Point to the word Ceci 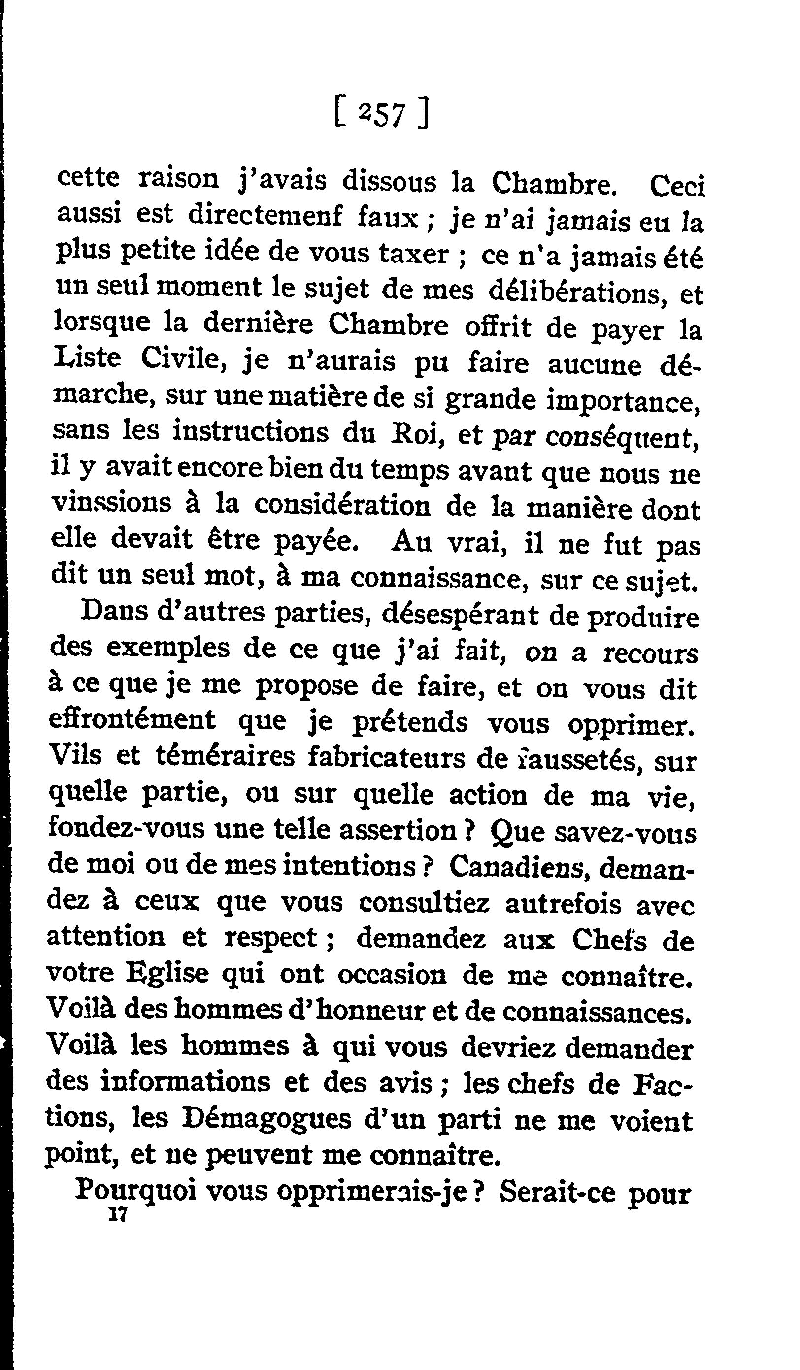(x=677, y=187)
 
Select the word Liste (x=87, y=359)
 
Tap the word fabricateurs (x=387, y=758)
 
